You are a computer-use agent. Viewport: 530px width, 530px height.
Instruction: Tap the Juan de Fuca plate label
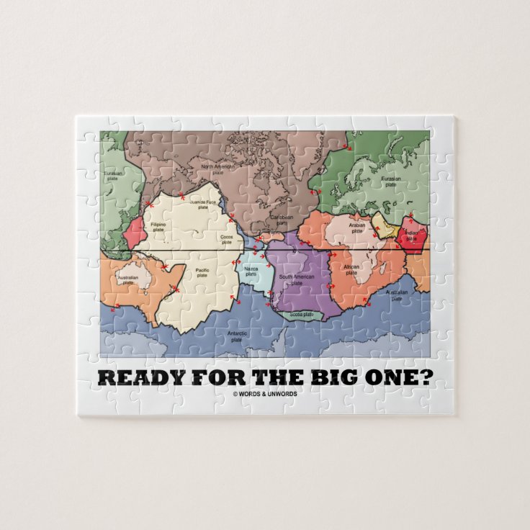pos(202,205)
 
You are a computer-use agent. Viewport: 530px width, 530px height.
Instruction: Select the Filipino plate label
pos(158,228)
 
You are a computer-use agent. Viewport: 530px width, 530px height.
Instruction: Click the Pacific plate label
pos(202,272)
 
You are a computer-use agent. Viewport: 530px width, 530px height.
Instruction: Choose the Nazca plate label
pos(251,271)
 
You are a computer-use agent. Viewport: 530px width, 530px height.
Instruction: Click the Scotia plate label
pos(301,314)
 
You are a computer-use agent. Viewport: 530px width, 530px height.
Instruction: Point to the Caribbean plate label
pos(282,219)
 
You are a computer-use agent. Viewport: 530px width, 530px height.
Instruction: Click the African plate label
pos(351,269)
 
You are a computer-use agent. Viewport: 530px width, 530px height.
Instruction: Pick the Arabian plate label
pos(357,228)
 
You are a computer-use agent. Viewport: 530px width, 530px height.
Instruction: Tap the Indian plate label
pos(410,235)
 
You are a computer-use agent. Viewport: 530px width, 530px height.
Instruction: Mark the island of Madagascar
pos(379,282)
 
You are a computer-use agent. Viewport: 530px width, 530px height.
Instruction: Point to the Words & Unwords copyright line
pos(264,393)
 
